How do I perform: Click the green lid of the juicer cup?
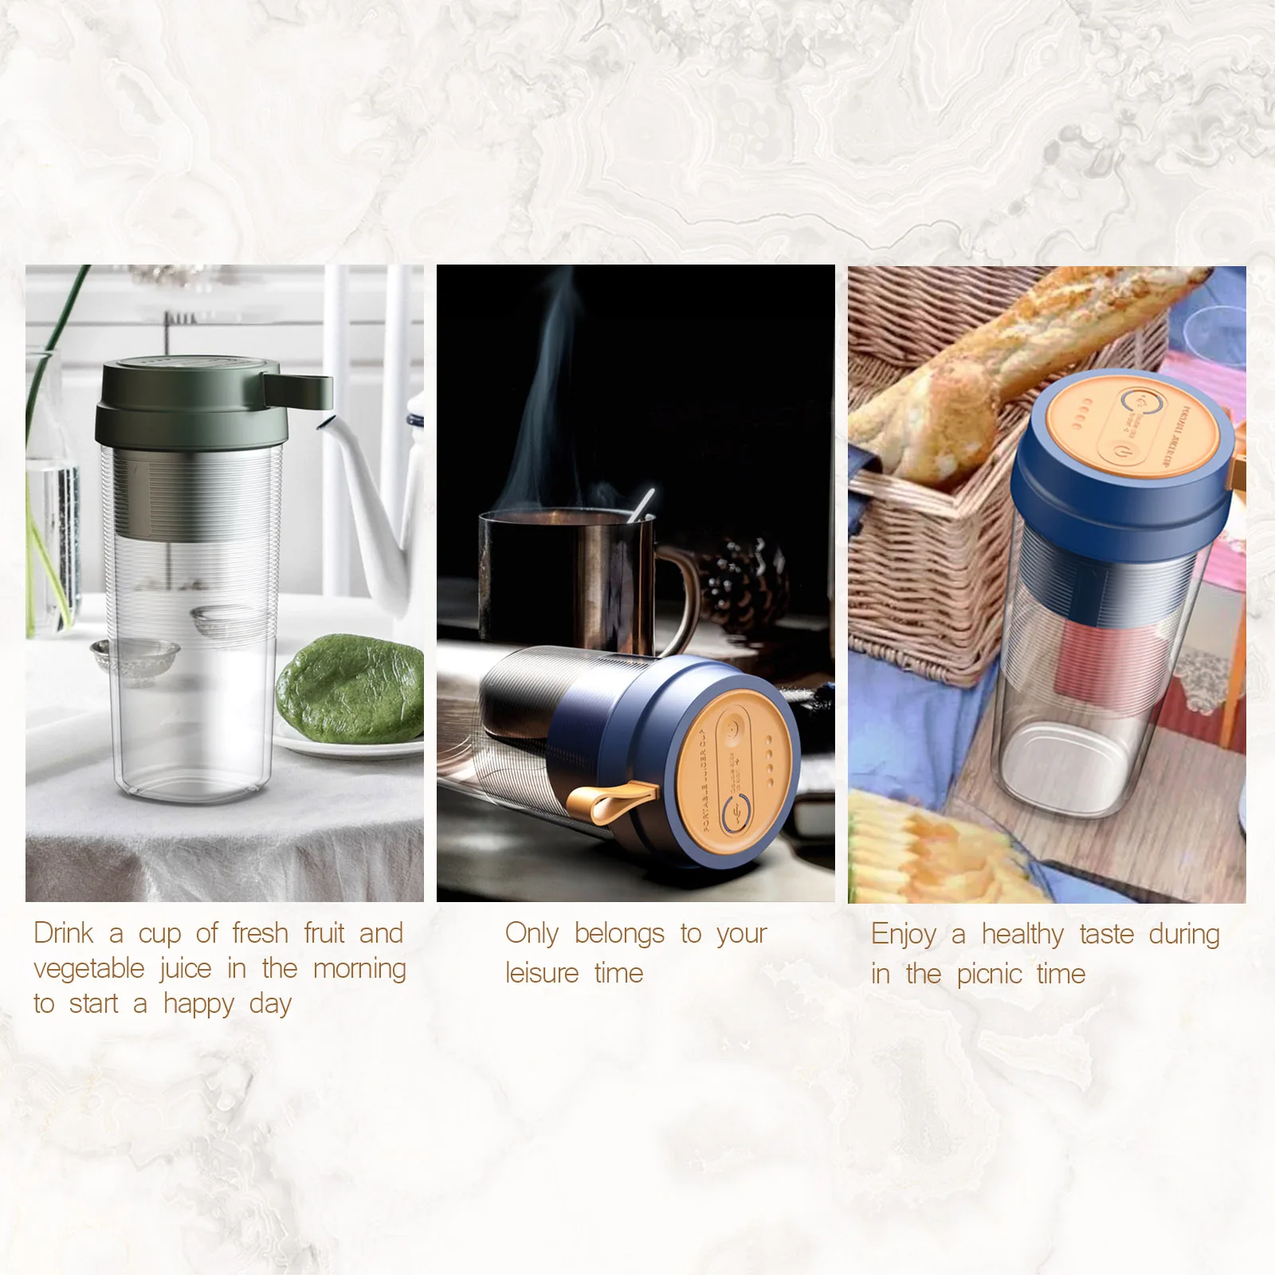click(x=191, y=406)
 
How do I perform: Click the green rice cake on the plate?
click(x=351, y=687)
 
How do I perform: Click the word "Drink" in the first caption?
click(x=64, y=933)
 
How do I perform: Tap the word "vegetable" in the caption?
click(x=89, y=969)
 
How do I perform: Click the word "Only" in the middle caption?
click(x=532, y=933)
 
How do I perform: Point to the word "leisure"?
click(x=542, y=973)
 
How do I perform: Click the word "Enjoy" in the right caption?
click(x=904, y=934)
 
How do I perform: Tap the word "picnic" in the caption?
click(x=989, y=974)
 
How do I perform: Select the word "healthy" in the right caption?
click(x=1022, y=934)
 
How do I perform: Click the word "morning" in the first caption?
click(x=359, y=969)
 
